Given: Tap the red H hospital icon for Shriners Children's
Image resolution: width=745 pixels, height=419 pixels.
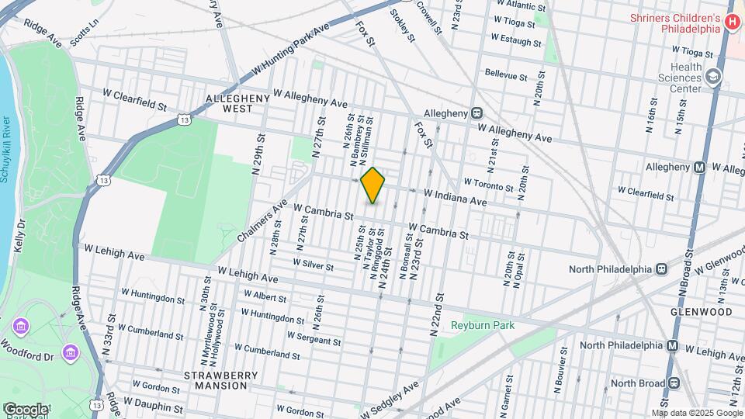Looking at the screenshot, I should click(731, 23).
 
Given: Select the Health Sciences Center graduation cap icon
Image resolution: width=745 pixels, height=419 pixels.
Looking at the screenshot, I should click(714, 77).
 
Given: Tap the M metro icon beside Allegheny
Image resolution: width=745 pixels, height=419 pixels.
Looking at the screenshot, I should click(699, 168).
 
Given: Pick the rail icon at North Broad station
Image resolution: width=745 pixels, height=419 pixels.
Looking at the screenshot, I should click(673, 383).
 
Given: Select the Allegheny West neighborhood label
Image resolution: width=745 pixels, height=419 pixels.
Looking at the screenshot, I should click(237, 104).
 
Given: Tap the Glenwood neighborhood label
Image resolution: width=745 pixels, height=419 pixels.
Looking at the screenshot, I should click(701, 311).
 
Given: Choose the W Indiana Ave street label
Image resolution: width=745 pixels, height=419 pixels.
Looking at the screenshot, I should click(454, 196).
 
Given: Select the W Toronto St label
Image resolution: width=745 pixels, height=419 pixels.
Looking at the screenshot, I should click(488, 184).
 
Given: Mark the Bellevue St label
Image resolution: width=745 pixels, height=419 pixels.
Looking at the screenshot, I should click(506, 74).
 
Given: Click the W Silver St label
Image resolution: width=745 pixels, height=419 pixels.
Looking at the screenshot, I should click(313, 265).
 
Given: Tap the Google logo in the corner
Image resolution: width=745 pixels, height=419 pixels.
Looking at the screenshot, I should click(25, 409).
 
